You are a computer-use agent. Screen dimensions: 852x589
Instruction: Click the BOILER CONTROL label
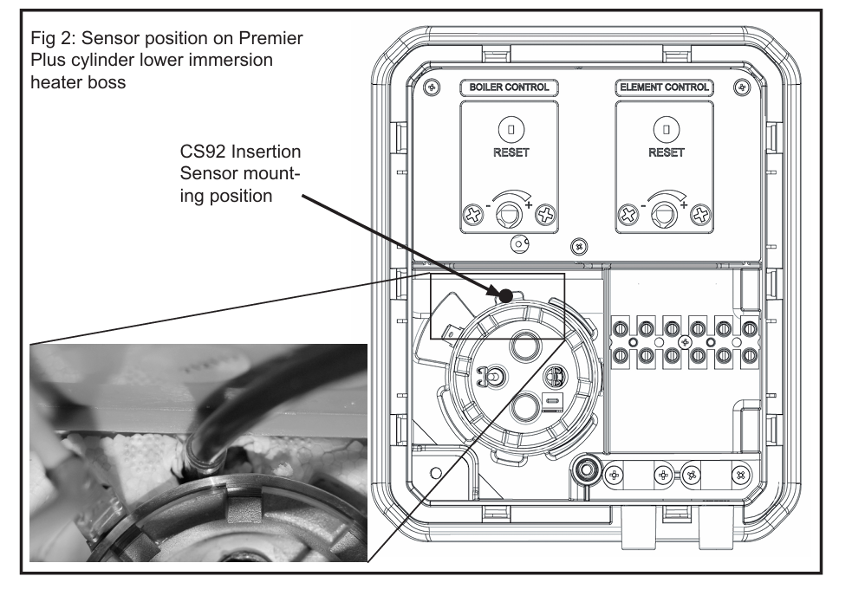pyautogui.click(x=509, y=87)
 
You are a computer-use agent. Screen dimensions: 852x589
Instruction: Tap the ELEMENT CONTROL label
pyautogui.click(x=664, y=87)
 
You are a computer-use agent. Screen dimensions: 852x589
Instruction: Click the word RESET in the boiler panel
pyautogui.click(x=511, y=152)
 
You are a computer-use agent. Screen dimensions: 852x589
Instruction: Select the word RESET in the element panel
pyautogui.click(x=667, y=152)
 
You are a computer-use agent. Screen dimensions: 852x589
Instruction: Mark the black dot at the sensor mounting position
pyautogui.click(x=505, y=296)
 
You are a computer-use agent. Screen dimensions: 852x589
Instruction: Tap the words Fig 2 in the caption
pyautogui.click(x=52, y=38)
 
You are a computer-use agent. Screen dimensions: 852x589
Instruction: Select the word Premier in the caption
pyautogui.click(x=270, y=38)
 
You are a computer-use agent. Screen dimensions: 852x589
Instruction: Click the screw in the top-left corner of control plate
pyautogui.click(x=432, y=87)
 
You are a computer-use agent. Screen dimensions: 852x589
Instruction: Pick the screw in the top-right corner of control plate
pyautogui.click(x=742, y=87)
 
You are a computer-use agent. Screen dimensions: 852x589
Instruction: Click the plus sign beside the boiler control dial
pyautogui.click(x=529, y=204)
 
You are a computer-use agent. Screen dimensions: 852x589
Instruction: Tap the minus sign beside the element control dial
pyautogui.click(x=643, y=206)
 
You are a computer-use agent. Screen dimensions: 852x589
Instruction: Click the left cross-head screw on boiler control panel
pyautogui.click(x=473, y=215)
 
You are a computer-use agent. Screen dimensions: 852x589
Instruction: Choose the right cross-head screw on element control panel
pyautogui.click(x=700, y=215)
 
